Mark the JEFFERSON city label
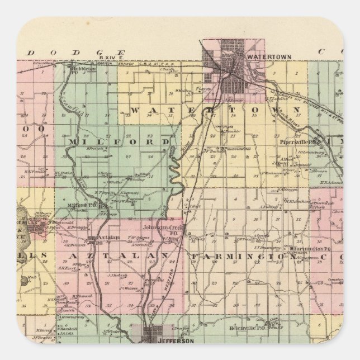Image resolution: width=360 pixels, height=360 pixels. pos(167,341)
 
